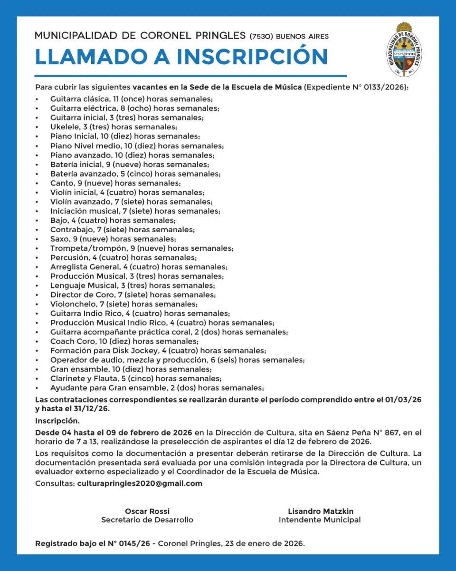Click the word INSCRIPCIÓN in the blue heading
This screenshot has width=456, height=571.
pyautogui.click(x=252, y=57)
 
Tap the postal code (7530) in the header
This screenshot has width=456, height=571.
pyautogui.click(x=261, y=37)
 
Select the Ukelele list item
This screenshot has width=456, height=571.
pyautogui.click(x=114, y=127)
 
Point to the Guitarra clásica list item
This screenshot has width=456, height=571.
pyautogui.click(x=132, y=99)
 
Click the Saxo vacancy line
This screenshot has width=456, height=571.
pyautogui.click(x=113, y=239)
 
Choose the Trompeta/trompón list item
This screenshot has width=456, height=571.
pyautogui.click(x=142, y=248)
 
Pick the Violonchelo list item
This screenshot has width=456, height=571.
pyautogui.click(x=124, y=304)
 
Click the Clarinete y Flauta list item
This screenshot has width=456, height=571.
pyautogui.click(x=136, y=379)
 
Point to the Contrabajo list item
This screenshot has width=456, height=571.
pyautogui.click(x=123, y=230)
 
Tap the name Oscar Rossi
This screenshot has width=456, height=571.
pyautogui.click(x=147, y=511)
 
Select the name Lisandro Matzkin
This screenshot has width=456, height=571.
pyautogui.click(x=320, y=511)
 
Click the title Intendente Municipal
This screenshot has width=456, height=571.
pyautogui.click(x=320, y=520)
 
